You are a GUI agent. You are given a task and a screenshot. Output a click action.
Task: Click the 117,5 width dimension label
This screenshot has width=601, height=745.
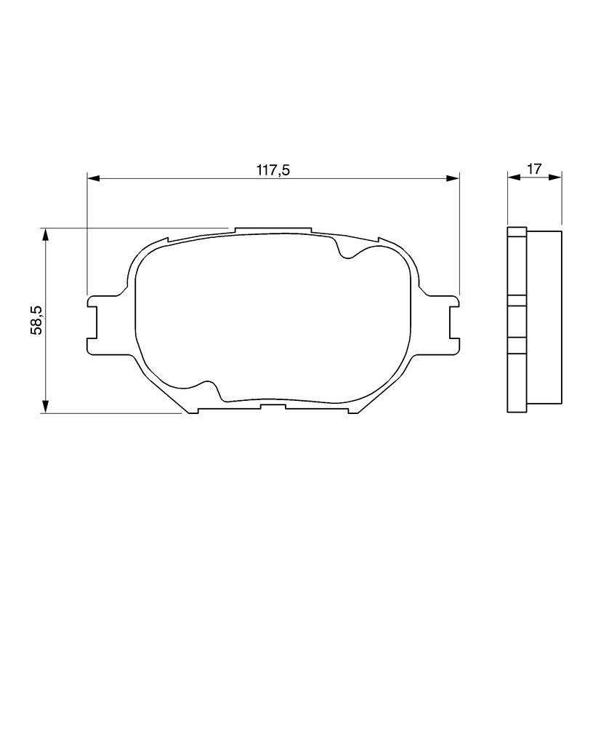point(273,170)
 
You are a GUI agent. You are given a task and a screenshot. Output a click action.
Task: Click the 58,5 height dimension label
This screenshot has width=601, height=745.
point(36,320)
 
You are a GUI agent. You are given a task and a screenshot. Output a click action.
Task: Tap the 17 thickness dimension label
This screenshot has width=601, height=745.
point(534,169)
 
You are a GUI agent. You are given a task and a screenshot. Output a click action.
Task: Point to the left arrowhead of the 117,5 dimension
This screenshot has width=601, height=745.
point(94,178)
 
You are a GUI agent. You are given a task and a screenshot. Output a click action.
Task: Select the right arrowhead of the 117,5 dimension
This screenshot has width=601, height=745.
point(453,178)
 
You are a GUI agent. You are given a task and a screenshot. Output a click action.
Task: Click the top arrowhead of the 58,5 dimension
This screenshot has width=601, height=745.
point(46,235)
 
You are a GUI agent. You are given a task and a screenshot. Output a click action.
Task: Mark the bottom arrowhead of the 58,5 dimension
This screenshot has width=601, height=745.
point(46,407)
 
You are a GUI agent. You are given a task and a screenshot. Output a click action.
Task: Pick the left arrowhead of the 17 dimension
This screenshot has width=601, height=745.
point(514,177)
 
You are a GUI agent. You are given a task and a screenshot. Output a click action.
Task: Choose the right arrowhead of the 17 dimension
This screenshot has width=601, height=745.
point(555,177)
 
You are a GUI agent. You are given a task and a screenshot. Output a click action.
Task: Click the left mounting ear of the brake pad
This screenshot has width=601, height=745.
point(102,324)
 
